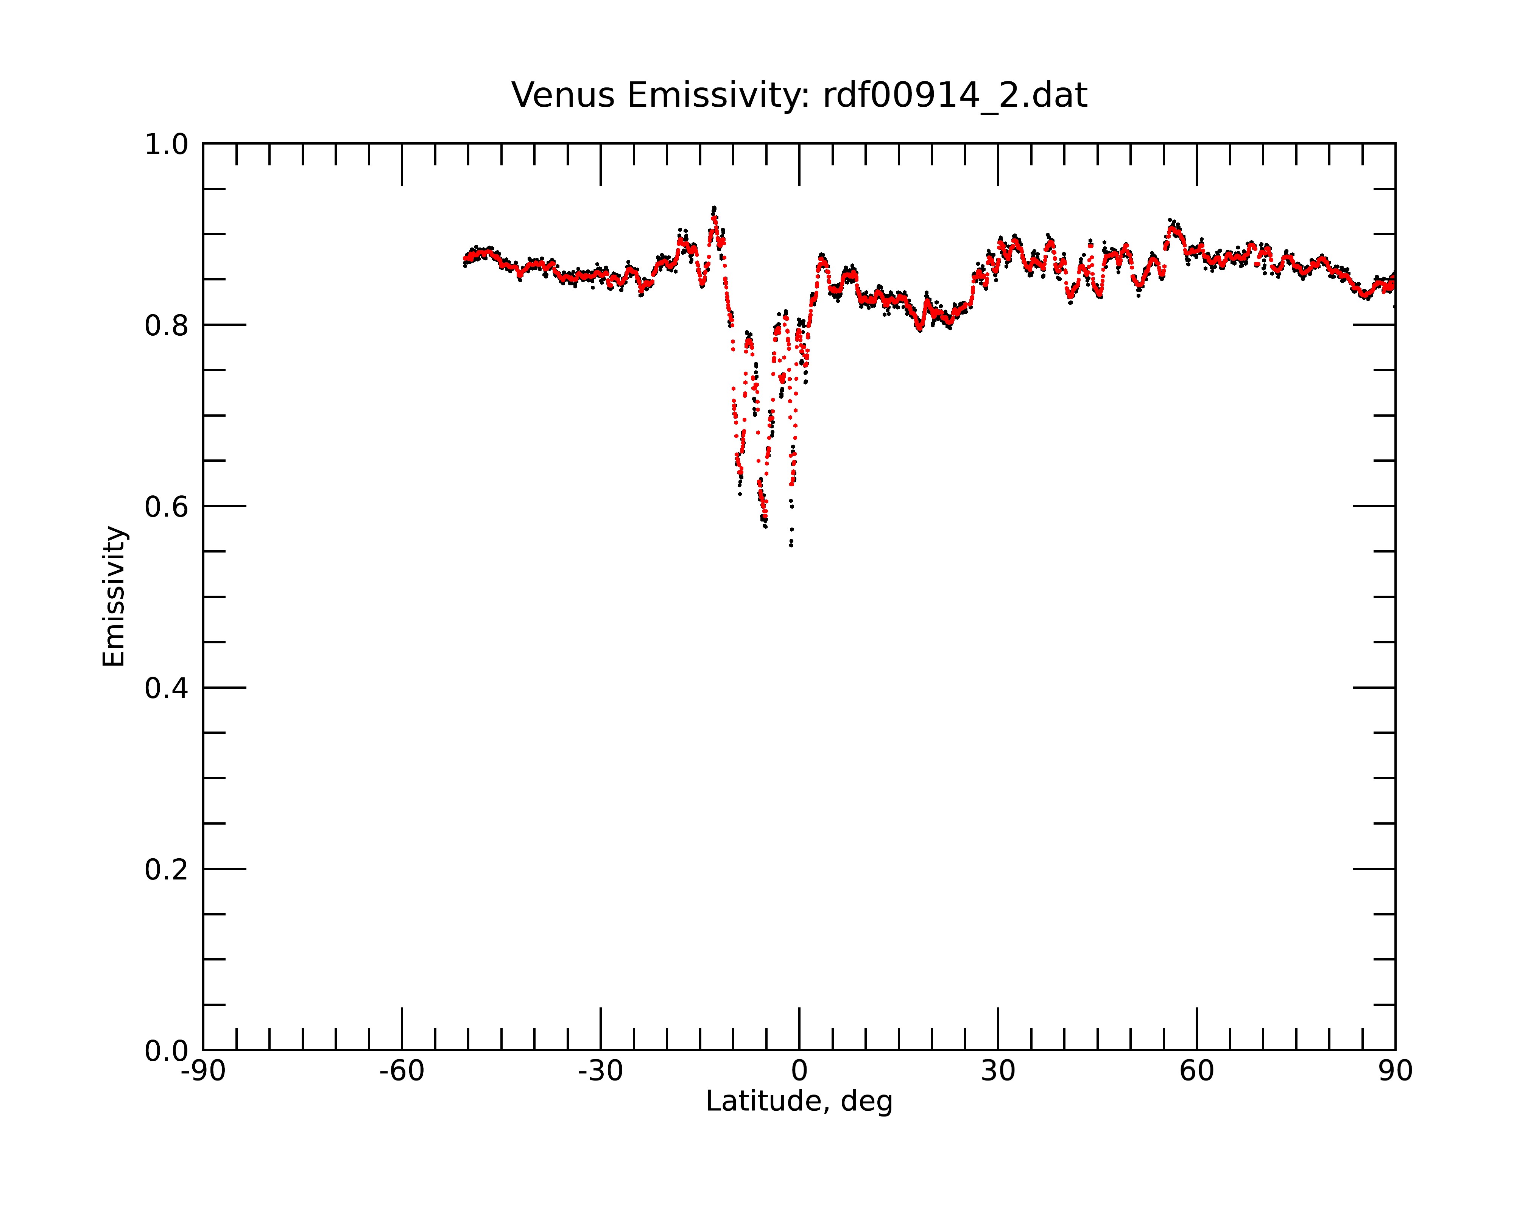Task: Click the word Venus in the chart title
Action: (x=563, y=95)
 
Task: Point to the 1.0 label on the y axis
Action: (x=167, y=145)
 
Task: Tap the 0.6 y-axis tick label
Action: (x=167, y=507)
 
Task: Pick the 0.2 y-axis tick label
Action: (x=167, y=870)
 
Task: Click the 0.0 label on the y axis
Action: (x=167, y=1051)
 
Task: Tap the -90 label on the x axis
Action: (x=203, y=1071)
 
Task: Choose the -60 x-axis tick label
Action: (x=402, y=1071)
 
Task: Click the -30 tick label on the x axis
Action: (x=600, y=1071)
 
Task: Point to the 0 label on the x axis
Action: (x=799, y=1071)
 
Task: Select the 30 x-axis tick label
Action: (x=998, y=1071)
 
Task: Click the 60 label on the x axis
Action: (x=1196, y=1071)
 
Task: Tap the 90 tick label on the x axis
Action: (x=1395, y=1071)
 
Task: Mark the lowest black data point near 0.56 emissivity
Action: (x=791, y=545)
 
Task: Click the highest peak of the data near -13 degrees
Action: (x=714, y=208)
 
